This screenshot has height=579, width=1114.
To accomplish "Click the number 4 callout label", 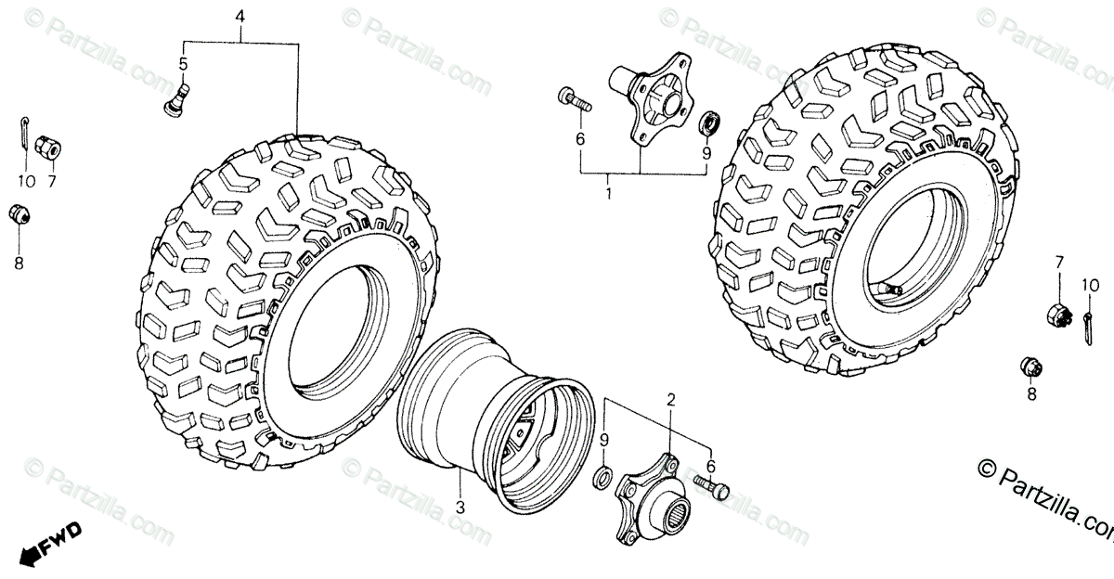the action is tap(240, 18).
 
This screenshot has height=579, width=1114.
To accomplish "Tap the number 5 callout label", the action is tap(183, 63).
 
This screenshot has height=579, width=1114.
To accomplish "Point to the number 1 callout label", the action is tap(609, 195).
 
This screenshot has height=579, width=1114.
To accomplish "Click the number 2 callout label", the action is tap(670, 400).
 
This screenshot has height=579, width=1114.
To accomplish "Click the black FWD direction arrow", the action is tap(50, 544).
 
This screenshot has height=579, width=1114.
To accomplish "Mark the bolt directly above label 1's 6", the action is tap(574, 98).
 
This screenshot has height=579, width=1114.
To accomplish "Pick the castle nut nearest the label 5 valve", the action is tap(47, 147).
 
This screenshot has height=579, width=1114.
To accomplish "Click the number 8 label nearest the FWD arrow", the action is tap(19, 263).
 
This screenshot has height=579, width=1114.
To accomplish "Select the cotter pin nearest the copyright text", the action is tap(1087, 325).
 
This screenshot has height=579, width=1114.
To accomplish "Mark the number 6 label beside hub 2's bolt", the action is tap(711, 466).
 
